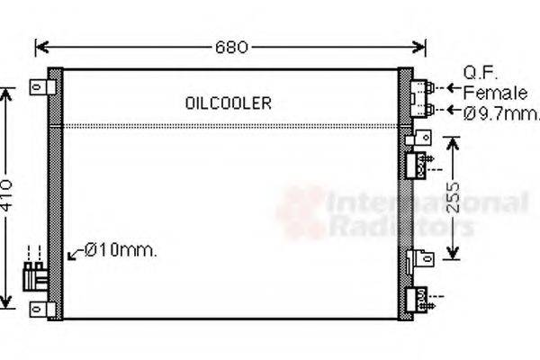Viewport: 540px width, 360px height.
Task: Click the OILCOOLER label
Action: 228,103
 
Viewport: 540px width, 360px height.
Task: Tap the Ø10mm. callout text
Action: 121,251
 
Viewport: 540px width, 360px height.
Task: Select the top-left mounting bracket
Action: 40,87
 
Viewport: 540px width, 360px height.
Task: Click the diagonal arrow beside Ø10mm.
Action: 76,256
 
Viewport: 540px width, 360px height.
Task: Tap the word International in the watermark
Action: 427,202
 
